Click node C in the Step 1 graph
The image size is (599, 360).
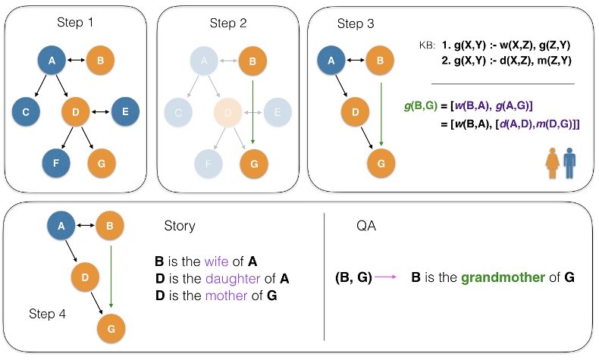(26, 112)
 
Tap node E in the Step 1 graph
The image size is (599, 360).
(126, 112)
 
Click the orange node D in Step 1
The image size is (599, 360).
(76, 112)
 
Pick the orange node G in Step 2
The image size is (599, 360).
(253, 162)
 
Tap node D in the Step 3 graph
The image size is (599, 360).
(356, 114)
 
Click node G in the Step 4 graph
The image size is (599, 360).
(111, 327)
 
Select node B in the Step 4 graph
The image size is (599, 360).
(111, 224)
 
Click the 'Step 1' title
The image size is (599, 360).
(74, 23)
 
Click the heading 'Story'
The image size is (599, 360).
(180, 226)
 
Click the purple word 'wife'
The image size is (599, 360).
(215, 261)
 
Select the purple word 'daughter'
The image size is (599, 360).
(228, 279)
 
